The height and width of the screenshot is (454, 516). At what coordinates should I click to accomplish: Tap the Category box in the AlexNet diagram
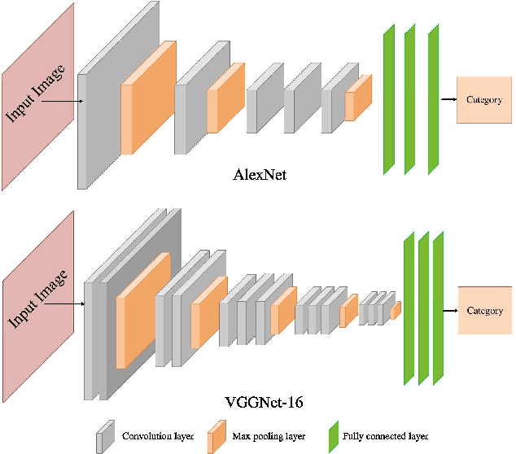[484, 100]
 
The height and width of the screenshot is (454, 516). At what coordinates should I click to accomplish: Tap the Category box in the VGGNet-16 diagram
[484, 311]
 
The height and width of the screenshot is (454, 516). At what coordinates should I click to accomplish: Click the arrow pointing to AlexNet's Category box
[448, 100]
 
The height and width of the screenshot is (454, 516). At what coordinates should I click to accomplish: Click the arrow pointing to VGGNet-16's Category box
[448, 311]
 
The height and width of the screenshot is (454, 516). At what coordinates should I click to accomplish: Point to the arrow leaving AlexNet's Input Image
[62, 102]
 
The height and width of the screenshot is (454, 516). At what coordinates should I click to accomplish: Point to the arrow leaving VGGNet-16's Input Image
[65, 305]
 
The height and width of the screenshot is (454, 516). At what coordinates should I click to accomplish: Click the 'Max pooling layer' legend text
[269, 436]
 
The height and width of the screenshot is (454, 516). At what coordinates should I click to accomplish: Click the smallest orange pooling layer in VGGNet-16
[396, 311]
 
